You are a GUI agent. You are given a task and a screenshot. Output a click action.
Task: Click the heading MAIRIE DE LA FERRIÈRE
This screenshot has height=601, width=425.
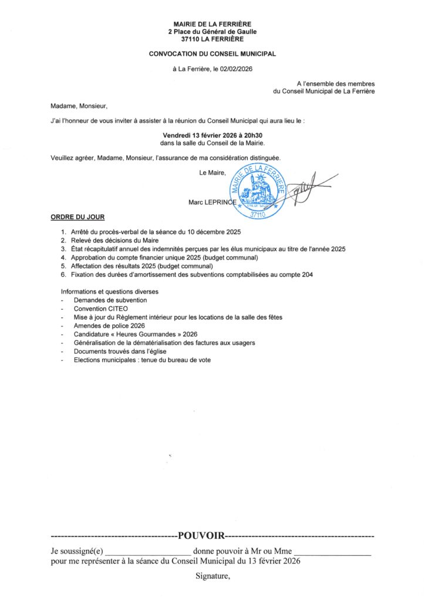[x=212, y=23]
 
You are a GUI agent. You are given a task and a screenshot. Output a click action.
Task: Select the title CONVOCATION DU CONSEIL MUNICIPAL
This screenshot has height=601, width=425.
[x=212, y=53]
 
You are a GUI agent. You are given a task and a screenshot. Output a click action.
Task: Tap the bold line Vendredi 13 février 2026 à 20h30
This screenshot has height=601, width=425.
[x=212, y=134]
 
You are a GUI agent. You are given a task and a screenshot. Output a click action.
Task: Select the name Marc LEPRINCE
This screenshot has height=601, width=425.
[x=211, y=202]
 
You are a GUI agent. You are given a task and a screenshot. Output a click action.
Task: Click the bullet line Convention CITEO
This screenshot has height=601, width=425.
[x=101, y=309]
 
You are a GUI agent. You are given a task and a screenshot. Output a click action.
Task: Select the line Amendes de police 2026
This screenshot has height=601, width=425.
[x=109, y=326]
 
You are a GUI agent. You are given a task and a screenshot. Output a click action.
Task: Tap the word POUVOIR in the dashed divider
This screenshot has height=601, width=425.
[x=201, y=535]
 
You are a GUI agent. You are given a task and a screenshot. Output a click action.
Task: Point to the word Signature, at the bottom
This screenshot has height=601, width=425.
[x=212, y=576]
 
